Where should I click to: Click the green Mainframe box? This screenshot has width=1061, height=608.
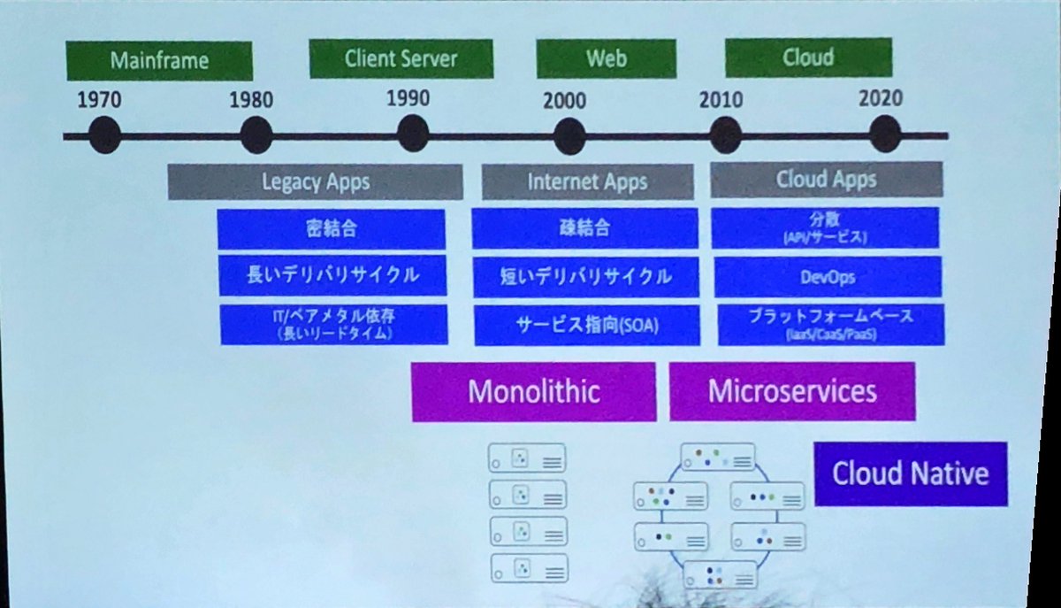159,61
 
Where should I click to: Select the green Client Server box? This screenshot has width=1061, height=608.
401,59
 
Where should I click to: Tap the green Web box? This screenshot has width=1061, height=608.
606,58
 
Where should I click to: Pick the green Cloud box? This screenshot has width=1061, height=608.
808,58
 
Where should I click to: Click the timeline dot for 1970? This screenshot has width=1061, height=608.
103,135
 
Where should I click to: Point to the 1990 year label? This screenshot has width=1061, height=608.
408,96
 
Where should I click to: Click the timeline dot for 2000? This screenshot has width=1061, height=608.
569,135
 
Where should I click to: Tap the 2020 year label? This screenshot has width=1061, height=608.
881,97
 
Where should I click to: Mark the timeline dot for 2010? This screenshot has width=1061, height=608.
725,135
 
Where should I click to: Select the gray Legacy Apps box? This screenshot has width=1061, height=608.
315,182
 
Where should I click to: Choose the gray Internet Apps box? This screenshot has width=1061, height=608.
587,182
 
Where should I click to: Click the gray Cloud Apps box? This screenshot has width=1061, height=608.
826,180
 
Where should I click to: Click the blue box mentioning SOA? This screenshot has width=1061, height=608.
586,326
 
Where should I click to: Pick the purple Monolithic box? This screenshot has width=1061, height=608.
533,391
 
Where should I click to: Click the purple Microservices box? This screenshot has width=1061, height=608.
792,390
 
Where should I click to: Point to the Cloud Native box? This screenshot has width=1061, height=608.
910,473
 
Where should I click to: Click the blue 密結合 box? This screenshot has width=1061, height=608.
331,229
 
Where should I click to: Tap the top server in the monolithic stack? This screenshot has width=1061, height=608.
526,458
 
